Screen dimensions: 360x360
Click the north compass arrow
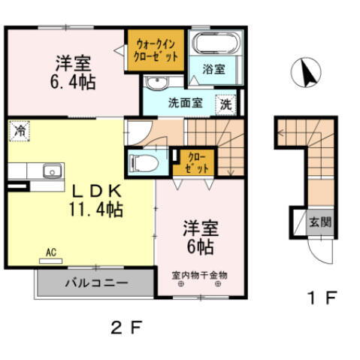(306, 73)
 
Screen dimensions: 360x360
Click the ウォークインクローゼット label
(156, 50)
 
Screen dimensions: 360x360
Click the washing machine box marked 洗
(225, 105)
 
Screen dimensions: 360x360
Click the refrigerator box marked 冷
(18, 130)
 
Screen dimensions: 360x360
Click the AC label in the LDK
(51, 253)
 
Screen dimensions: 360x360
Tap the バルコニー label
(95, 283)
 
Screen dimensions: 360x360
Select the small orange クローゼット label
(194, 162)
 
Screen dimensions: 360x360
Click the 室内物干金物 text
(200, 275)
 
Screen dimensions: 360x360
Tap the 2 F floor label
(126, 327)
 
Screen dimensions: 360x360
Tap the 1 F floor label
(321, 296)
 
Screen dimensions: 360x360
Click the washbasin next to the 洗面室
(156, 82)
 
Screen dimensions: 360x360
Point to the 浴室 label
(213, 70)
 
